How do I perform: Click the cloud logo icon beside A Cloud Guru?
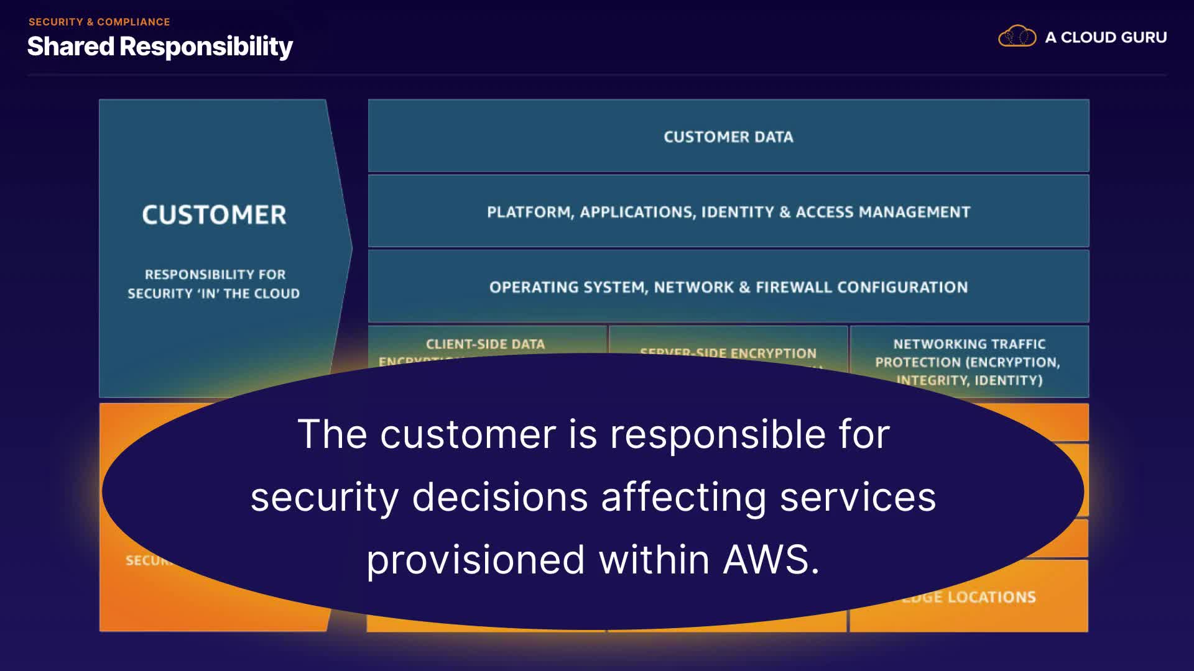1017,37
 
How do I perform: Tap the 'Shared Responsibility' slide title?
160,47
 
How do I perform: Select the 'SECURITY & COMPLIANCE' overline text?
99,22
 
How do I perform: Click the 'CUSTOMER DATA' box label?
728,137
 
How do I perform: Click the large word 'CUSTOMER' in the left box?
214,215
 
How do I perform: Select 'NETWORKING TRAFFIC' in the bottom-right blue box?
969,344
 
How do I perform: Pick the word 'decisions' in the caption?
500,497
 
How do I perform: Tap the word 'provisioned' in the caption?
475,560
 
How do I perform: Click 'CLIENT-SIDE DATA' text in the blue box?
485,344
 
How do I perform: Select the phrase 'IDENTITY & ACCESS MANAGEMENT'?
835,212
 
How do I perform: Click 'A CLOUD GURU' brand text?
1105,37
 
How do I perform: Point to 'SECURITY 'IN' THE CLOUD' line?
213,293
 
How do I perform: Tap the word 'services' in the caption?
858,497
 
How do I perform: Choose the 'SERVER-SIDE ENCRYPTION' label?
728,354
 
